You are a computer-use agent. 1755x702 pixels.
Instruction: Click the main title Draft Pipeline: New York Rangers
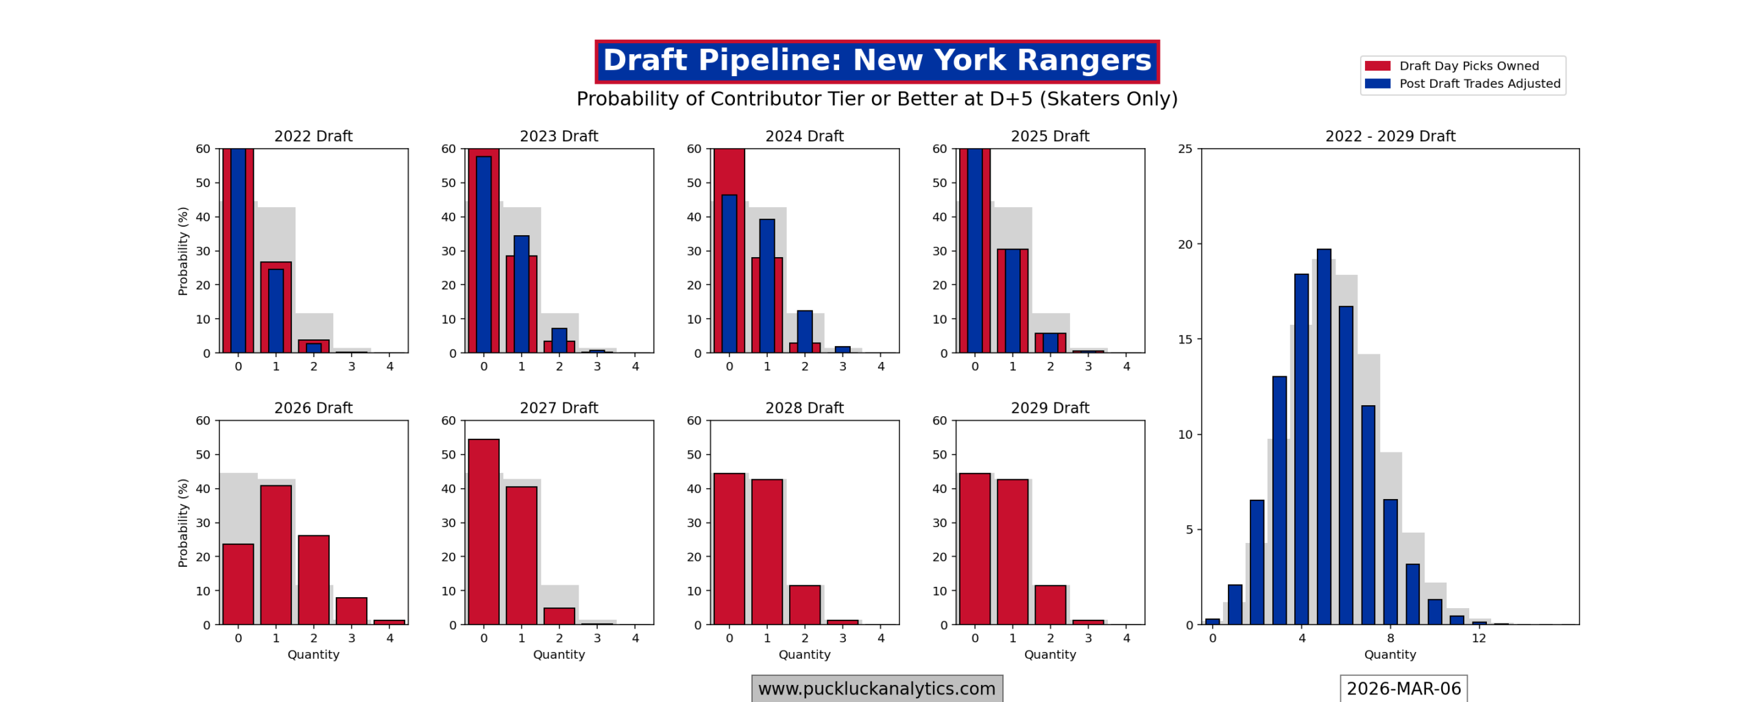(x=876, y=61)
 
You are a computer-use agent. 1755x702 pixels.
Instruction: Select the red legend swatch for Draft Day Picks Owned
(x=1377, y=66)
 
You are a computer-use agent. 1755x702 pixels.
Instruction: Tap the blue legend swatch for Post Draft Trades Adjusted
(x=1377, y=84)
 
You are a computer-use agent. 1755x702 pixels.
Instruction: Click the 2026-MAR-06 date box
(x=1403, y=688)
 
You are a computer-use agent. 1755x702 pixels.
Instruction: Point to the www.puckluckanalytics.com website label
(x=876, y=688)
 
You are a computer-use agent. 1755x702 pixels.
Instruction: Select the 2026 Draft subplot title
(x=313, y=408)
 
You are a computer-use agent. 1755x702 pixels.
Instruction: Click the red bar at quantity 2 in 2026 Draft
(x=313, y=579)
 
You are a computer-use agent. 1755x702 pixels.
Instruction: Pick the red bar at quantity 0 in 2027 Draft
(x=483, y=531)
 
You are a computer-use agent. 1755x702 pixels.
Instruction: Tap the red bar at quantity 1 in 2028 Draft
(x=766, y=552)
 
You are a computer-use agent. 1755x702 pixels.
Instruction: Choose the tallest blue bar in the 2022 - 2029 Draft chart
(x=1323, y=437)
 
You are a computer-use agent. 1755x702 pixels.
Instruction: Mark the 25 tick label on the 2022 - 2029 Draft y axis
(x=1185, y=149)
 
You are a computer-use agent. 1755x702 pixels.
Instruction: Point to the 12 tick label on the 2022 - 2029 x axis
(x=1479, y=638)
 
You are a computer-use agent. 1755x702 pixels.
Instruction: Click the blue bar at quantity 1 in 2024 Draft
(x=766, y=286)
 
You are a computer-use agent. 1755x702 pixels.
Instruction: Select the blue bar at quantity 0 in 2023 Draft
(x=483, y=254)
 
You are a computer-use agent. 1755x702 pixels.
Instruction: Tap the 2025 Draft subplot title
(x=1050, y=136)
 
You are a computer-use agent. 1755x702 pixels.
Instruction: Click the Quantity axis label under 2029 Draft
(x=1050, y=655)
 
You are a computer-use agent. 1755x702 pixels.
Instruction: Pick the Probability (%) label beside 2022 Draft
(x=183, y=251)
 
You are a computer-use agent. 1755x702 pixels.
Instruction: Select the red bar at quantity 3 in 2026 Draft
(x=351, y=611)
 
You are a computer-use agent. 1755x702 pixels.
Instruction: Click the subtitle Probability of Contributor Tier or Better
(x=876, y=99)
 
